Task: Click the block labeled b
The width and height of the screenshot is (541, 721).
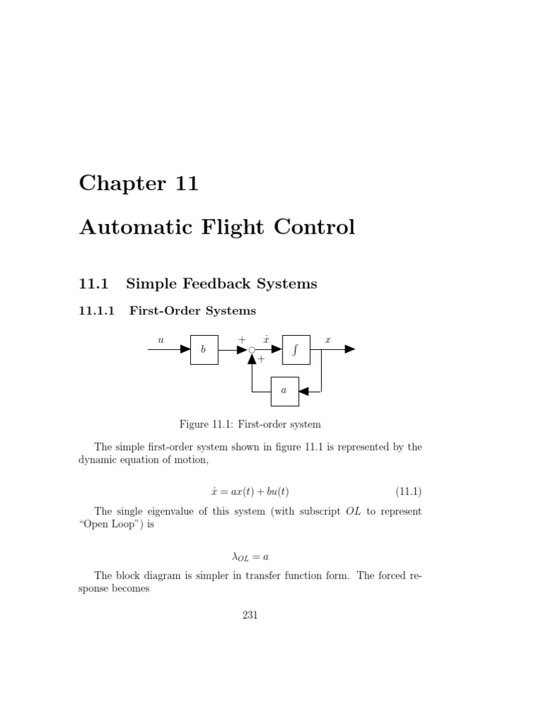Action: [x=204, y=350]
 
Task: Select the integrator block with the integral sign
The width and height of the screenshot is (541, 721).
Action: [x=296, y=350]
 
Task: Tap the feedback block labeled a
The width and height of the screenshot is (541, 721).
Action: [x=285, y=391]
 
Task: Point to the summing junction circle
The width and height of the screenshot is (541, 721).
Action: [x=251, y=350]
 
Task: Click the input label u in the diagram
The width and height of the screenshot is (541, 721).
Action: [x=161, y=339]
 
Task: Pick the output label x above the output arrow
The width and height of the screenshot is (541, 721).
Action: [x=328, y=339]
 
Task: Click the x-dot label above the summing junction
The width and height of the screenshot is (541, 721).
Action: [x=266, y=339]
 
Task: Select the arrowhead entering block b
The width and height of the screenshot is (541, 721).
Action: [x=185, y=350]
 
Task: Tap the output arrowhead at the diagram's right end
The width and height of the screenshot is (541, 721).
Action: [x=350, y=350]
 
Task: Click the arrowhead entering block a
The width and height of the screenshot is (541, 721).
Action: [x=304, y=391]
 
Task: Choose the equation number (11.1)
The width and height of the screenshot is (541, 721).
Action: [x=406, y=491]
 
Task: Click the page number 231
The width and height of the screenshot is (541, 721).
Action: [x=250, y=615]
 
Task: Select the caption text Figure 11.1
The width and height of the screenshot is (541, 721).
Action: [x=205, y=424]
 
